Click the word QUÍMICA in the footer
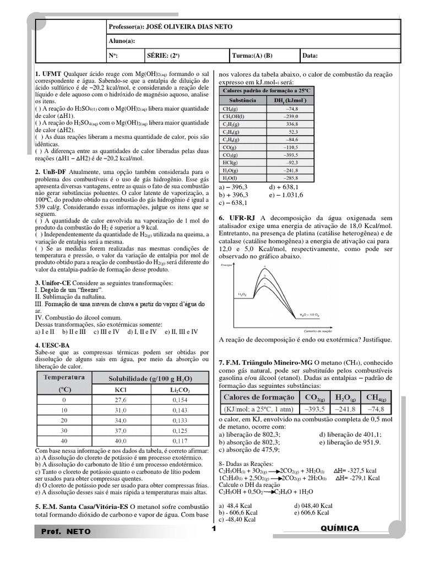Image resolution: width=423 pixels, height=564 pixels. (x=340, y=528)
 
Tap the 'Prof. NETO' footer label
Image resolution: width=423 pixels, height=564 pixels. (x=66, y=532)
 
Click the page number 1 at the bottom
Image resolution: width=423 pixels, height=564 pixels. (x=213, y=529)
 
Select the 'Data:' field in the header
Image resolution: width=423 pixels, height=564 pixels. (x=310, y=56)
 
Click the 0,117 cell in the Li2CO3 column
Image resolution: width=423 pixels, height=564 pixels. (x=180, y=441)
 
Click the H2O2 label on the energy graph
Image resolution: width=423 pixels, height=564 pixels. (x=242, y=295)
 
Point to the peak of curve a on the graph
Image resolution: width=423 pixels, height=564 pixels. (x=265, y=267)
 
